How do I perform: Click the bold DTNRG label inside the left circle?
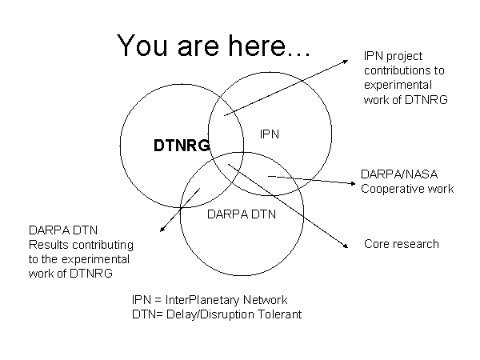pyautogui.click(x=182, y=146)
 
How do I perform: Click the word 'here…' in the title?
pyautogui.click(x=274, y=46)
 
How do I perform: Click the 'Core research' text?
pyautogui.click(x=401, y=243)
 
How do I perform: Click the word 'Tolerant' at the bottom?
pyautogui.click(x=280, y=314)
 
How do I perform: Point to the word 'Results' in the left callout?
pyautogui.click(x=50, y=245)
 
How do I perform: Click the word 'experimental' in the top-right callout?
pyautogui.click(x=397, y=85)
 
